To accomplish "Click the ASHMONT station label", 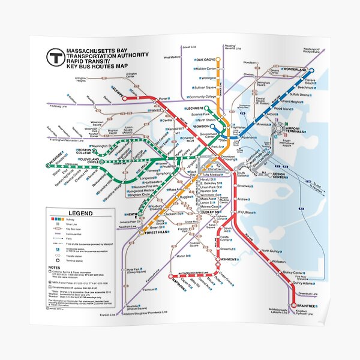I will [x=212, y=259].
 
